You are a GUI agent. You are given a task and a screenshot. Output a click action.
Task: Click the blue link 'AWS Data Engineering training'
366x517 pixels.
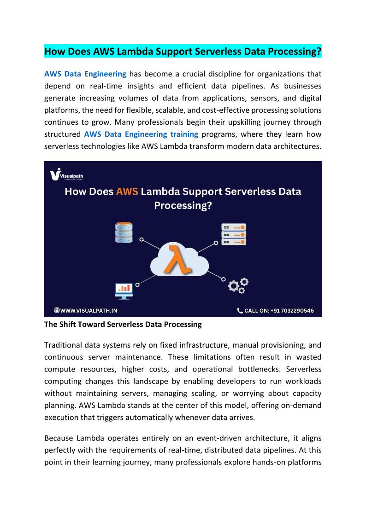pyautogui.click(x=141, y=134)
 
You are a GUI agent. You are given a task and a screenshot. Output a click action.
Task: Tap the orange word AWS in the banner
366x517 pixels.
pyautogui.click(x=127, y=192)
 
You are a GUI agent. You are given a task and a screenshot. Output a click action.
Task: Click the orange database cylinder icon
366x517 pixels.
pyautogui.click(x=124, y=232)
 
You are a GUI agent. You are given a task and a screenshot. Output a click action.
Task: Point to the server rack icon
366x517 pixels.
pyautogui.click(x=234, y=234)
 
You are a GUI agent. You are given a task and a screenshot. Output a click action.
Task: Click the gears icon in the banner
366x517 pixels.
pyautogui.click(x=238, y=285)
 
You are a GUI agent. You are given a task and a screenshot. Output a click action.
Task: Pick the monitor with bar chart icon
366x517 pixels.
pyautogui.click(x=124, y=290)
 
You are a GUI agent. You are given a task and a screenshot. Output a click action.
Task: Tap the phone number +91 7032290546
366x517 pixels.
pyautogui.click(x=293, y=311)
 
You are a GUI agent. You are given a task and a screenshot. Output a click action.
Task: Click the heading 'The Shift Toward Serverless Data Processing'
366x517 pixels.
pyautogui.click(x=123, y=325)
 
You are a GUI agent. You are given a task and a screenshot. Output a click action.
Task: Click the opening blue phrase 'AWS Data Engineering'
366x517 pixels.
pyautogui.click(x=85, y=74)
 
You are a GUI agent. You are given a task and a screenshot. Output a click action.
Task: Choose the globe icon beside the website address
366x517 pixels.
pyautogui.click(x=57, y=311)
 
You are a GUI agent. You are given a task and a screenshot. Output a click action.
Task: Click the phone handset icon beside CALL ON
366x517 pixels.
pyautogui.click(x=240, y=311)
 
